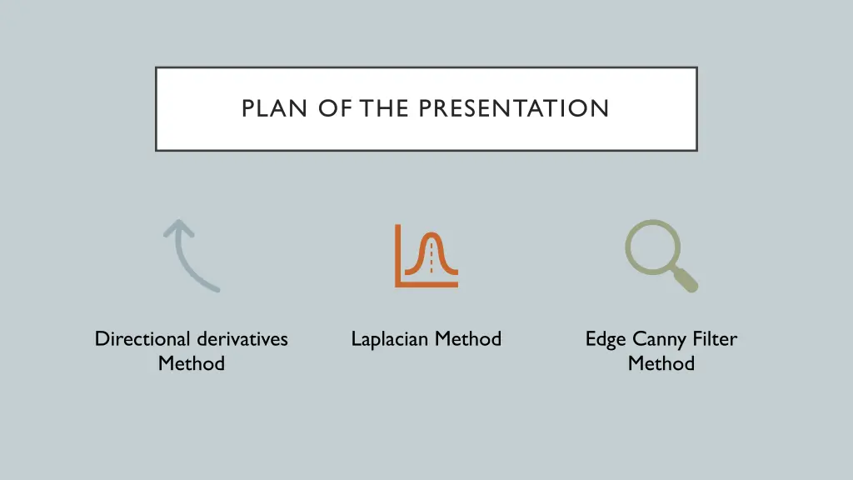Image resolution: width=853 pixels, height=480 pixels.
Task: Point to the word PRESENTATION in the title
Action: [514, 109]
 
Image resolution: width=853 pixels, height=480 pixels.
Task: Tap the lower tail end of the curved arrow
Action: [215, 288]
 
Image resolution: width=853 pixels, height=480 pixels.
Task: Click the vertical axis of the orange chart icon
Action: [398, 255]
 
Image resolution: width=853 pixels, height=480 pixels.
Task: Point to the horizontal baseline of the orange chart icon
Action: [426, 284]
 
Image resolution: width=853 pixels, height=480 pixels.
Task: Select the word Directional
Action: [142, 339]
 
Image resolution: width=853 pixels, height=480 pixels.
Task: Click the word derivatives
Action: [242, 339]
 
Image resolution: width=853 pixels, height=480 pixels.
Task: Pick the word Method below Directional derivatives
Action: [192, 364]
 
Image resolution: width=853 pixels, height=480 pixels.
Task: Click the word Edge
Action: [606, 340]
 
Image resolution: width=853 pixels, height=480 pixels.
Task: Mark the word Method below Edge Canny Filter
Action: [661, 364]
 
